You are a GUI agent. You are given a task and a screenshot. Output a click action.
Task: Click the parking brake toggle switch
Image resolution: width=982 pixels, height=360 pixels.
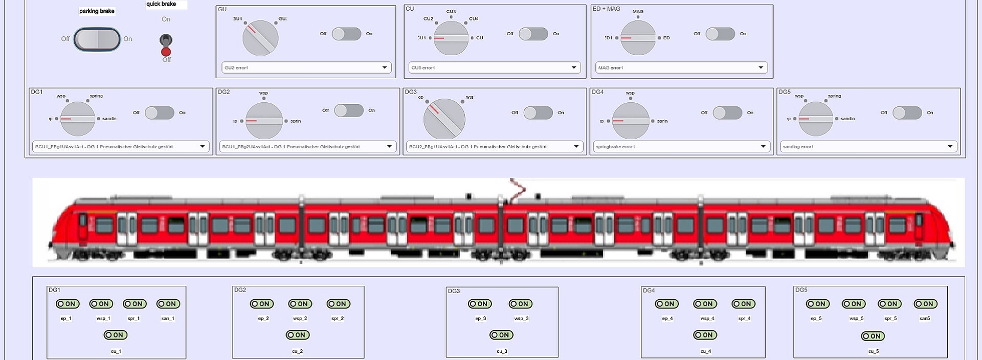point(97,39)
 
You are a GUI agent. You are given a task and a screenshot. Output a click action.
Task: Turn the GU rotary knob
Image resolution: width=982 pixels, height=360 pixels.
point(260,38)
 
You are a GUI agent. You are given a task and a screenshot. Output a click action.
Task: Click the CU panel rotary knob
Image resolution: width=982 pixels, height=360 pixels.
point(451,38)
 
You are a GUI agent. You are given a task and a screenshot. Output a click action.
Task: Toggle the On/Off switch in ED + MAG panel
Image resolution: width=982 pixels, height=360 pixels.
point(720,34)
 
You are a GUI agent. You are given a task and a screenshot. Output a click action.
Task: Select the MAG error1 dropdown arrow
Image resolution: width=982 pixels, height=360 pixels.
point(761,67)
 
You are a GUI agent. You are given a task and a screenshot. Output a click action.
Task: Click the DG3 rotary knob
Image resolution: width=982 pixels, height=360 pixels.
point(444,119)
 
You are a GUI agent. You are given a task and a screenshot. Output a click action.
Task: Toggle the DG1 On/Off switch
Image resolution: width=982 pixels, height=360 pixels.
point(159,112)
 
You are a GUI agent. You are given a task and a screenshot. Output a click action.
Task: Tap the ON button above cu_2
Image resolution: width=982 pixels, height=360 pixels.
point(297,335)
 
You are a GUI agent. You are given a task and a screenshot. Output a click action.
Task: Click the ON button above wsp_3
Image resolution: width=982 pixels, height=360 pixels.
point(520,304)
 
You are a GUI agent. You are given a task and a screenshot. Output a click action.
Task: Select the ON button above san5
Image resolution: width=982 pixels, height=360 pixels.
point(925,304)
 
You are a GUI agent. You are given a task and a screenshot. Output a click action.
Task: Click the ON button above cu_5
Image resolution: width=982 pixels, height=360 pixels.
point(873,336)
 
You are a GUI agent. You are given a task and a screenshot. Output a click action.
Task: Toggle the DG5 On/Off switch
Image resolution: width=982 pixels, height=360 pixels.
point(907,112)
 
